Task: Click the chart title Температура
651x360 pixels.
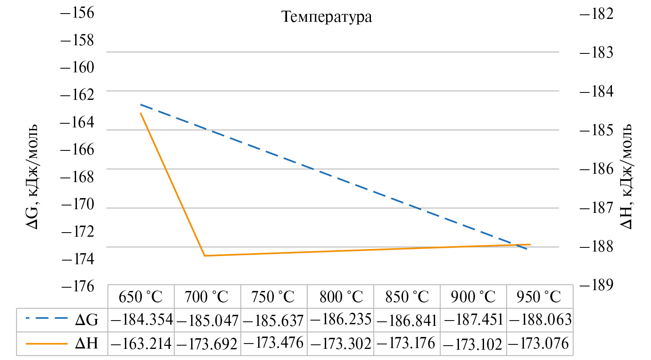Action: coord(327,17)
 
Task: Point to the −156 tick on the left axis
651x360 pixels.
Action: coord(77,13)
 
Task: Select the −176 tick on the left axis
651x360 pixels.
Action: coord(78,286)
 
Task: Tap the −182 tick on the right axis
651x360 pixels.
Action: coord(596,14)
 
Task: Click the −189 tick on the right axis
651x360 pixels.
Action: coord(596,285)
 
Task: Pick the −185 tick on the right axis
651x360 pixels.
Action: coord(596,130)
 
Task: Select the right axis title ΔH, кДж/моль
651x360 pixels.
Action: coord(626,177)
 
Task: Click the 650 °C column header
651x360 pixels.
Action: coord(141,297)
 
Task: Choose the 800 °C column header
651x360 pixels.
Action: coord(341,297)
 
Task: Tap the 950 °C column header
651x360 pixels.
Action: coord(539,297)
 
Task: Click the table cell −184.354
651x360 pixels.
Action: coord(141,320)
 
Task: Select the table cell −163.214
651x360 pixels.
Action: coord(141,344)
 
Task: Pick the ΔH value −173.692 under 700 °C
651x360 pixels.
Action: coord(207,344)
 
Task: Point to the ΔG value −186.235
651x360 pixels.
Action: coord(341,319)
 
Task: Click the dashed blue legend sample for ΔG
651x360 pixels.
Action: coord(46,318)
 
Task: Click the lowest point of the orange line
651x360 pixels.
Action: coord(205,256)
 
